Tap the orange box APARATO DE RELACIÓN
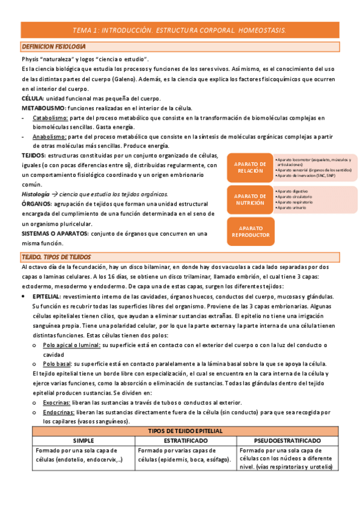click(249, 167)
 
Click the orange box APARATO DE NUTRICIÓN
click(249, 199)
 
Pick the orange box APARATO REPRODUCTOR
click(249, 232)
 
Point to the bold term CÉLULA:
click(32, 98)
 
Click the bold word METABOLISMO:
click(43, 108)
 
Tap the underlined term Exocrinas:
click(58, 402)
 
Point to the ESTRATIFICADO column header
click(186, 441)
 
